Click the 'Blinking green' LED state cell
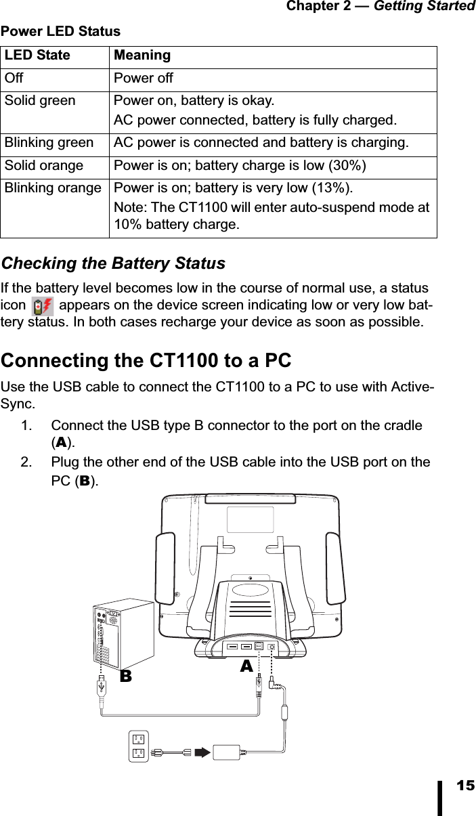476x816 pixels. [x=49, y=144]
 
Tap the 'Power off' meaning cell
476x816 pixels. [x=143, y=79]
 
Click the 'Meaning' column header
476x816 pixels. [x=142, y=56]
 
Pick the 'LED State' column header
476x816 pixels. [x=37, y=56]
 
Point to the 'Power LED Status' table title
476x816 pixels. [x=60, y=31]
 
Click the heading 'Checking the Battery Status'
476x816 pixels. [x=113, y=263]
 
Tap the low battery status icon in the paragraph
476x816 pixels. [x=43, y=306]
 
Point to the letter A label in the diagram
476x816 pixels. [x=246, y=666]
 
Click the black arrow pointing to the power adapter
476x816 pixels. [x=202, y=752]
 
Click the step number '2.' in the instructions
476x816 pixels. [x=28, y=462]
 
